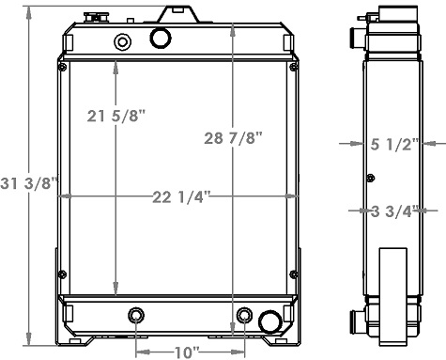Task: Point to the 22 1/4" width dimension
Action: coord(178,196)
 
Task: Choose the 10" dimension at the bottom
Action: coord(186,352)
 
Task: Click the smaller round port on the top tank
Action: coord(122,41)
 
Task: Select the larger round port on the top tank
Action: coord(161,37)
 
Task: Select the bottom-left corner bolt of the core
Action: coord(62,274)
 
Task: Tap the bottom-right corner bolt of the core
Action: coord(296,274)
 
